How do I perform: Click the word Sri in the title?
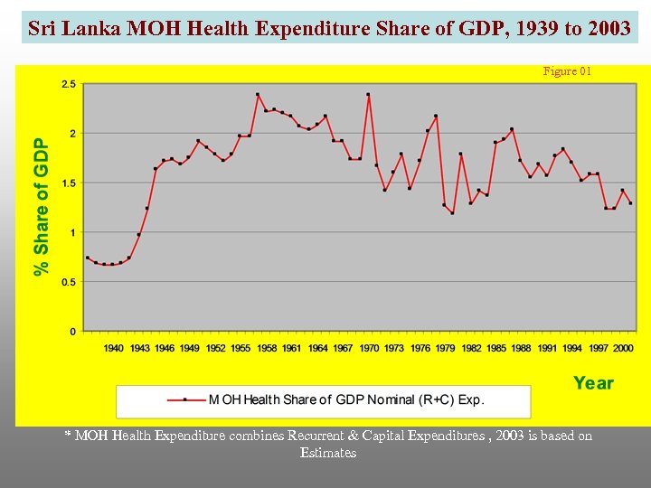point(40,28)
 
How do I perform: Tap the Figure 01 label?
point(567,71)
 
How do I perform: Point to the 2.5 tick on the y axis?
point(68,84)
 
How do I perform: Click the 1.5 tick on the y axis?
point(68,183)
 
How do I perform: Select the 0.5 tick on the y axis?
point(68,282)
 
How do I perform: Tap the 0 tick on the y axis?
point(72,332)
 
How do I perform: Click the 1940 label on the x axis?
point(113,348)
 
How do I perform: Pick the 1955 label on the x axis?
point(241,348)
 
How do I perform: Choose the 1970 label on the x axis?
point(368,348)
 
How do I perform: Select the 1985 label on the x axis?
point(495,348)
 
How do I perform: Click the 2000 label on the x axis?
point(623,348)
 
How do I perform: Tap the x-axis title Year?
point(592,383)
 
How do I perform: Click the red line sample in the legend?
point(185,399)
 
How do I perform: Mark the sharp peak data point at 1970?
point(368,94)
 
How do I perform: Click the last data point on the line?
point(630,203)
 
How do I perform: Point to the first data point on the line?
point(87,258)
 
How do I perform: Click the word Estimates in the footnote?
point(328,453)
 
